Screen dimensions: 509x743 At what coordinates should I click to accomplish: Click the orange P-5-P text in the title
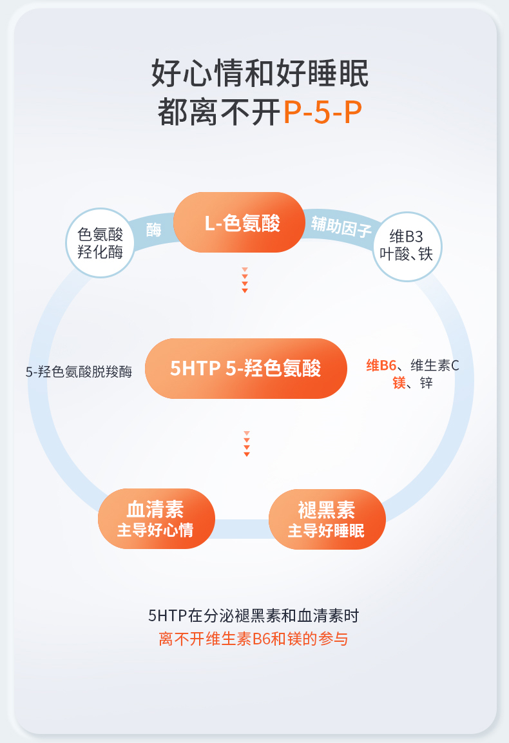[322, 112]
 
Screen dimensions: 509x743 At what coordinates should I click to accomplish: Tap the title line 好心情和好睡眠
[260, 73]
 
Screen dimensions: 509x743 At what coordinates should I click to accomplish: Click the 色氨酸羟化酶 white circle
[100, 242]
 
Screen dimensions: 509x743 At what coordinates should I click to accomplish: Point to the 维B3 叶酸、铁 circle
[407, 246]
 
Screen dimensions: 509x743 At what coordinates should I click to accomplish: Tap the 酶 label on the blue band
[153, 229]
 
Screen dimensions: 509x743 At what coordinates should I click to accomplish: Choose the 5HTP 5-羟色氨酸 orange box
[245, 368]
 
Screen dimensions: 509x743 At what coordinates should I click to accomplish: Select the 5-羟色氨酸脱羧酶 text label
[79, 371]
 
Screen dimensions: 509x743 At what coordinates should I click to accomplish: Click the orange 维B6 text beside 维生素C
[381, 366]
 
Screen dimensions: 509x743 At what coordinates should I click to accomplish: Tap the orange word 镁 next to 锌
[399, 383]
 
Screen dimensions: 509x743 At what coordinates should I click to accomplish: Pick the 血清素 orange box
[156, 519]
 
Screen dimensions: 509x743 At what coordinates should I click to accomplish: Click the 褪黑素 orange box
[326, 519]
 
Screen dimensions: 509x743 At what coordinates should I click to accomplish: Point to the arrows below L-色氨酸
[245, 280]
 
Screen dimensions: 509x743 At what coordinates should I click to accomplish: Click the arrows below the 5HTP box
[246, 444]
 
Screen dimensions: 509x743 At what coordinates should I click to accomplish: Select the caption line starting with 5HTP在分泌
[253, 615]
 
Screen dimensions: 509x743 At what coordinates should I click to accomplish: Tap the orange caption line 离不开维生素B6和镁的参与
[253, 639]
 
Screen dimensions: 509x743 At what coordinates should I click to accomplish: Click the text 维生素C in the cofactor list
[435, 366]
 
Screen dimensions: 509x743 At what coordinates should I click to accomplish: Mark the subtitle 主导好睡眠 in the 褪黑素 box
[326, 530]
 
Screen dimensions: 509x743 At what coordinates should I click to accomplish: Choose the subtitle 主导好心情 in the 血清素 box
[155, 530]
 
